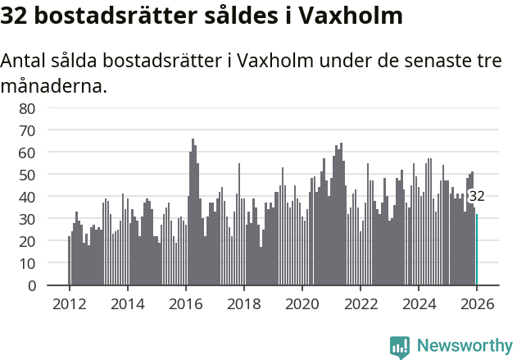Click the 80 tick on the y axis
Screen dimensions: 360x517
[x=26, y=108]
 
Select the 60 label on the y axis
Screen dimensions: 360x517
[x=26, y=153]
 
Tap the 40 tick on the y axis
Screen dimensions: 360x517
[x=26, y=197]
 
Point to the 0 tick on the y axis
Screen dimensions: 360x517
[x=31, y=286]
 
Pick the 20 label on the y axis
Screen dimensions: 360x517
[x=26, y=242]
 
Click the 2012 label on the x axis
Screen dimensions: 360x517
[x=69, y=303]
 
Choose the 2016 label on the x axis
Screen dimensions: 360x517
[x=185, y=303]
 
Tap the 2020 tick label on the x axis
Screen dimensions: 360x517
[x=302, y=303]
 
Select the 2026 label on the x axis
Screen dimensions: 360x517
[x=477, y=303]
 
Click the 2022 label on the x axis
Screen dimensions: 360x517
[x=361, y=303]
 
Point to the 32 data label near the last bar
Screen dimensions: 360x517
[x=476, y=196]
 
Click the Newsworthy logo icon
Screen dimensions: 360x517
[x=400, y=347]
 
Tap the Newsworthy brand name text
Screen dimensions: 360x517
[x=464, y=346]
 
